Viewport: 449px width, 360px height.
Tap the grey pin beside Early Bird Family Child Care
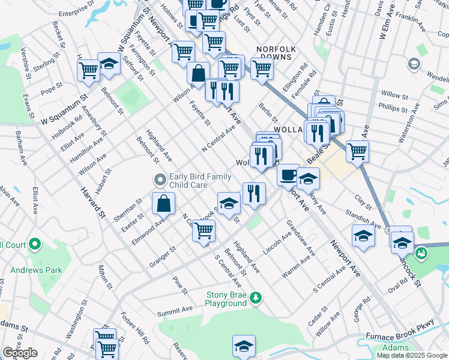click(160, 180)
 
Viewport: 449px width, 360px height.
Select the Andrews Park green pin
click(35, 245)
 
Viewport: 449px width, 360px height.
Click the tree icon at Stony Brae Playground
click(256, 297)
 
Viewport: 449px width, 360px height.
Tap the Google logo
click(20, 353)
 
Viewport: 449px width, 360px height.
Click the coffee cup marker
click(288, 175)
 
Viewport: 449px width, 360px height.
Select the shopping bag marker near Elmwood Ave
click(163, 203)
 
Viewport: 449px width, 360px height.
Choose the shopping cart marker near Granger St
click(204, 230)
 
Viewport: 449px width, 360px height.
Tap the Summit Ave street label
click(175, 312)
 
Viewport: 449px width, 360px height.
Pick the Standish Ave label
click(363, 219)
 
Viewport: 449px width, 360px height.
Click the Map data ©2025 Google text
click(411, 355)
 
